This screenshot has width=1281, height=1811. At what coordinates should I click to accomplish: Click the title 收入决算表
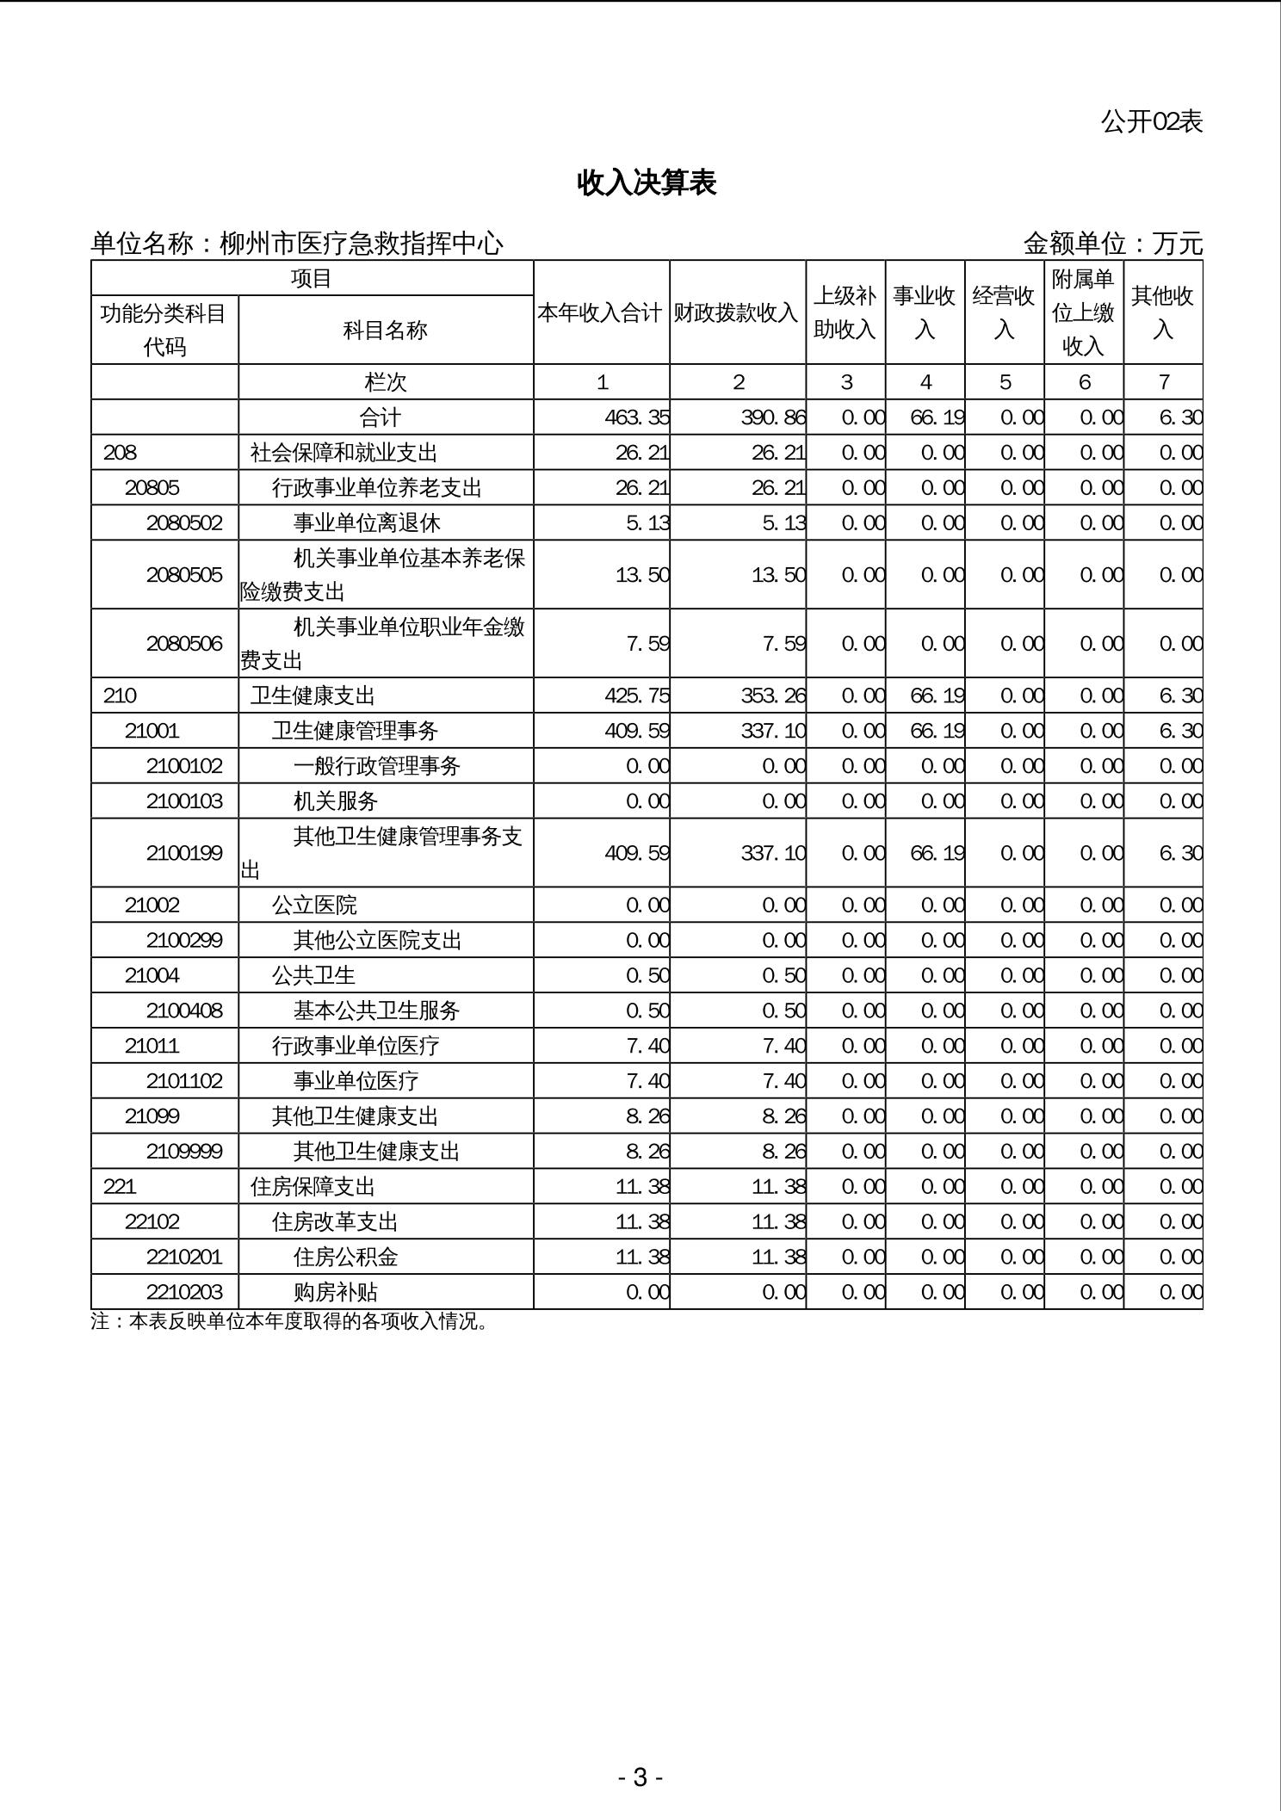pyautogui.click(x=647, y=182)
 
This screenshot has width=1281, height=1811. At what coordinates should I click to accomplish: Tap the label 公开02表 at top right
pyautogui.click(x=1151, y=121)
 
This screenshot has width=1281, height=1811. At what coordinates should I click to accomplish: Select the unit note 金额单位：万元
pyautogui.click(x=1112, y=244)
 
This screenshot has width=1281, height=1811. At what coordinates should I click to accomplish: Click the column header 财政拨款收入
pyautogui.click(x=736, y=312)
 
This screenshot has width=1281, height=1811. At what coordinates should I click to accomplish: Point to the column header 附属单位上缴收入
pyautogui.click(x=1083, y=312)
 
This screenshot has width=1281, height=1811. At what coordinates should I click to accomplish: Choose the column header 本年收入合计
pyautogui.click(x=600, y=312)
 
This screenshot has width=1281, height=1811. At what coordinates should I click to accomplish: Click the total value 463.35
pyautogui.click(x=637, y=417)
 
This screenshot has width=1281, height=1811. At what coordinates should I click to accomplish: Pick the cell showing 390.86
pyautogui.click(x=773, y=417)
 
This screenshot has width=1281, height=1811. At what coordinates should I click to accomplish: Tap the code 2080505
pyautogui.click(x=184, y=574)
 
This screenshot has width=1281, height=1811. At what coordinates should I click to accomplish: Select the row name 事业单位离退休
pyautogui.click(x=367, y=523)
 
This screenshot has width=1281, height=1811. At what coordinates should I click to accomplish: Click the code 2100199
pyautogui.click(x=184, y=853)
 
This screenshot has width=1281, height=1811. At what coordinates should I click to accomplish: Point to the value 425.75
pyautogui.click(x=637, y=695)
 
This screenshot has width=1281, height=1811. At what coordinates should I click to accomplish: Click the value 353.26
pyautogui.click(x=773, y=695)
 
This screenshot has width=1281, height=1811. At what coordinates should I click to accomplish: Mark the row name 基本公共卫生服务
pyautogui.click(x=376, y=1011)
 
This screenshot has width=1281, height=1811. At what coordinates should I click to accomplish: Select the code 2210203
pyautogui.click(x=184, y=1292)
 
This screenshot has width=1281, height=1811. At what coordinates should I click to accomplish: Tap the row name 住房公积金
pyautogui.click(x=345, y=1257)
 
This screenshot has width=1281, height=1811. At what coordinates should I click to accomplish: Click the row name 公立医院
pyautogui.click(x=314, y=905)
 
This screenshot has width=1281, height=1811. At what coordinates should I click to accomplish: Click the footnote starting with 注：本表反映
pyautogui.click(x=290, y=1321)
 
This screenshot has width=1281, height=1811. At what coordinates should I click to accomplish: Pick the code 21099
pyautogui.click(x=152, y=1116)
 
